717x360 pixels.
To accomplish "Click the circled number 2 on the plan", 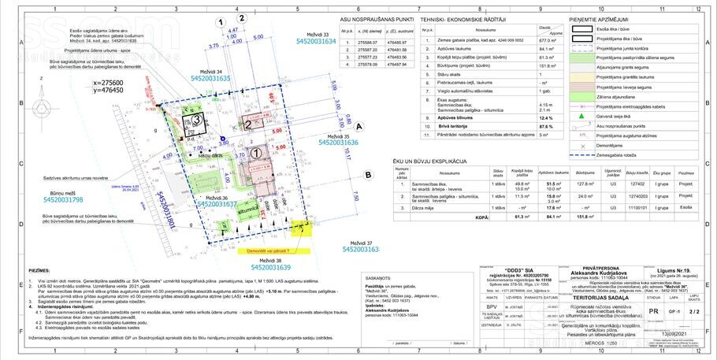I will coord(248,124).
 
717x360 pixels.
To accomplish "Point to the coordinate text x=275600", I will coord(109,82).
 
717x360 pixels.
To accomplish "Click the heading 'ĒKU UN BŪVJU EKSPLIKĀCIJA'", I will coord(442,161).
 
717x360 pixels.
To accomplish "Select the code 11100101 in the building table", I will coord(637,207).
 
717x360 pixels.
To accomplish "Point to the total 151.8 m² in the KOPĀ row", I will coord(584,215).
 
